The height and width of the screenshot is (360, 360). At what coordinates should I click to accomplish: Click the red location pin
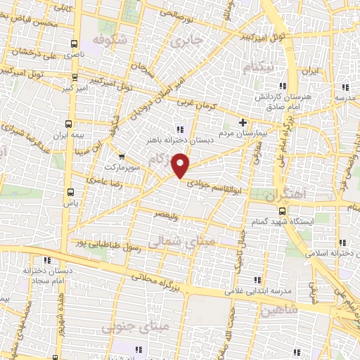tap(181, 166)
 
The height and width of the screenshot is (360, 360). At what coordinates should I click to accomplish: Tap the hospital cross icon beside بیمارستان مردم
tap(243, 122)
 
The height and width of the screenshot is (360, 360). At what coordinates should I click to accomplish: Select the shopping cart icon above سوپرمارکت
tap(122, 157)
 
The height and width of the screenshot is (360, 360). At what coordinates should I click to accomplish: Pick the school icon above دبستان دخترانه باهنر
tap(179, 129)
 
